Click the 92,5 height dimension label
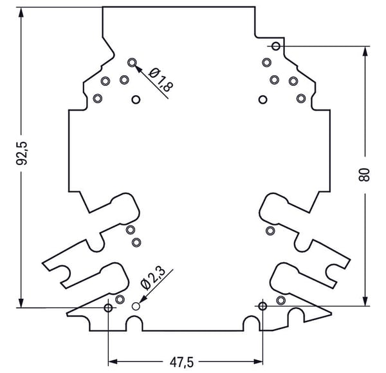[x=22, y=153]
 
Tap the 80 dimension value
[x=364, y=175]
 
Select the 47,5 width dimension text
[x=181, y=362]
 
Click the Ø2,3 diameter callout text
[x=153, y=278]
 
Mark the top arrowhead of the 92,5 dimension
[x=21, y=12]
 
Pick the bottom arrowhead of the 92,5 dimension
[x=21, y=303]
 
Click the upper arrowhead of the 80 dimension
[x=365, y=52]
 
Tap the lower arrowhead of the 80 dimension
[x=365, y=301]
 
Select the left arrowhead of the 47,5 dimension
[x=113, y=361]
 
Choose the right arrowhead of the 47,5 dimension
[x=258, y=361]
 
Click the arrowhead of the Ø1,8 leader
[x=138, y=69]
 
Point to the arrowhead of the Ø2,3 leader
[x=143, y=299]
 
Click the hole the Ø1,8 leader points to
[x=132, y=62]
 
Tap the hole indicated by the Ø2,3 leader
[x=136, y=307]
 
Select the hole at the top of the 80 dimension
[x=276, y=46]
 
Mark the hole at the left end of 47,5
[x=108, y=308]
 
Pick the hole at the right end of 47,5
[x=262, y=306]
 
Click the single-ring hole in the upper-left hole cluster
[x=136, y=100]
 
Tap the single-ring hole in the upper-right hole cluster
[x=262, y=100]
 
